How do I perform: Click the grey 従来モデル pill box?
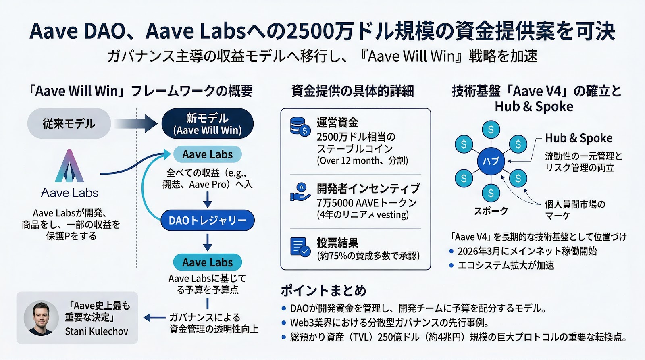[x=69, y=123]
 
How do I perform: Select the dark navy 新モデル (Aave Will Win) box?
[x=207, y=124]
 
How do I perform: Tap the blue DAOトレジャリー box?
[x=207, y=221]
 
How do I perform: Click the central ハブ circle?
[x=491, y=161]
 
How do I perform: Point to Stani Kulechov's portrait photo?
[x=41, y=318]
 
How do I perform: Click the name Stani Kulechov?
[x=96, y=331]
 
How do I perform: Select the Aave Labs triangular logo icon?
[x=69, y=166]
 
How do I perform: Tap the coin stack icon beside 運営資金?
[x=300, y=126]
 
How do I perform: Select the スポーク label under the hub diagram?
[x=491, y=211]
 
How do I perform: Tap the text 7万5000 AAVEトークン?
[x=366, y=202]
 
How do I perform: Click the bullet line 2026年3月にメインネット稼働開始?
[x=527, y=251]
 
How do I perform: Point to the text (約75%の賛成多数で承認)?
[x=368, y=256]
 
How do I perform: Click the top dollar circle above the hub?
[x=491, y=129]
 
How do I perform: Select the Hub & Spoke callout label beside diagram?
[x=578, y=138]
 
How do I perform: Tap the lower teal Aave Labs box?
[x=207, y=262]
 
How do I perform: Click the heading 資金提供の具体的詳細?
[x=352, y=91]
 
